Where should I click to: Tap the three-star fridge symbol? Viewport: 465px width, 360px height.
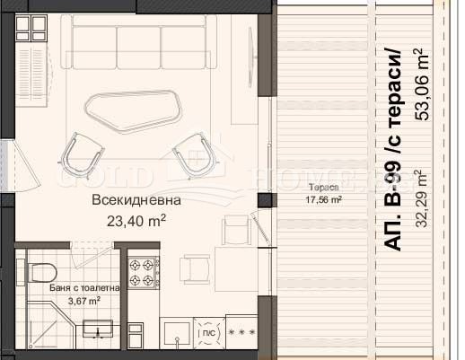click(241, 332)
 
